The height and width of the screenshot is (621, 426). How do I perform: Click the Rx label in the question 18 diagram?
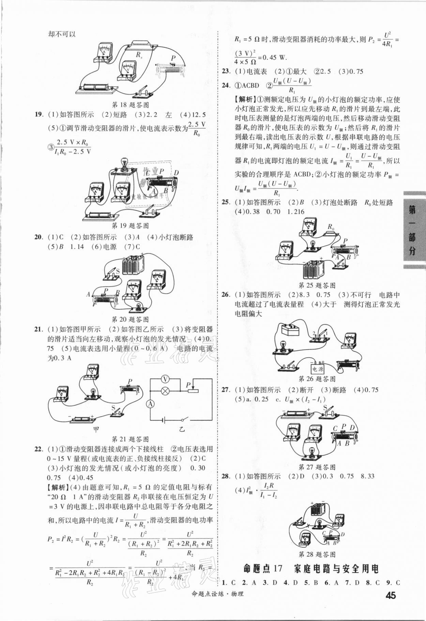pos(139,55)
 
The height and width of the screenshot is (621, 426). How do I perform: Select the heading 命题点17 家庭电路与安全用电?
pos(311,569)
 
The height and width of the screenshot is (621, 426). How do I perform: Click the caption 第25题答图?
pos(317,285)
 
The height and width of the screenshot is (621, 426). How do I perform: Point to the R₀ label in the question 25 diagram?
pos(331,227)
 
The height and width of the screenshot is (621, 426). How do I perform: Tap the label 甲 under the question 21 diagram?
pos(96,430)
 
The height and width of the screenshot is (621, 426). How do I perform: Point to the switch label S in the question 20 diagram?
pos(118,271)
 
